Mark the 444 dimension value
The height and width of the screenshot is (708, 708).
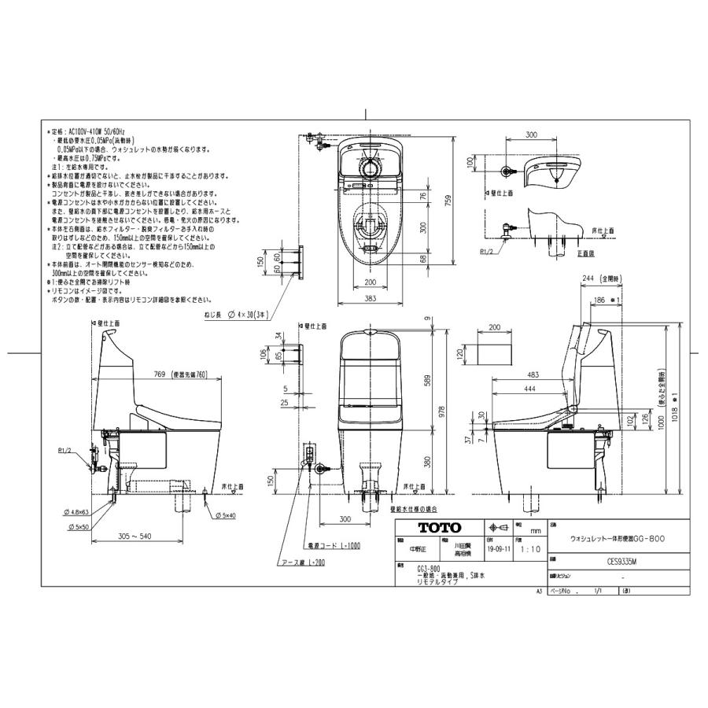click(x=530, y=391)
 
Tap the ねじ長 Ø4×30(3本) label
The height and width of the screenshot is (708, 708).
click(x=234, y=315)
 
